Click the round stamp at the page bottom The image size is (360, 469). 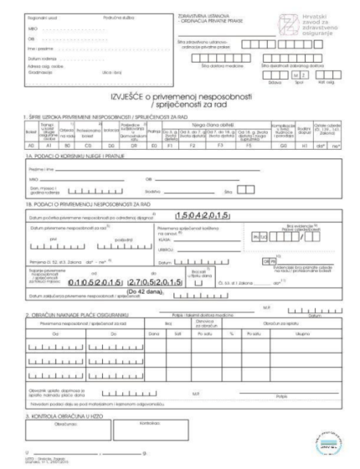(332, 441)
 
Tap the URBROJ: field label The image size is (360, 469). (164, 253)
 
